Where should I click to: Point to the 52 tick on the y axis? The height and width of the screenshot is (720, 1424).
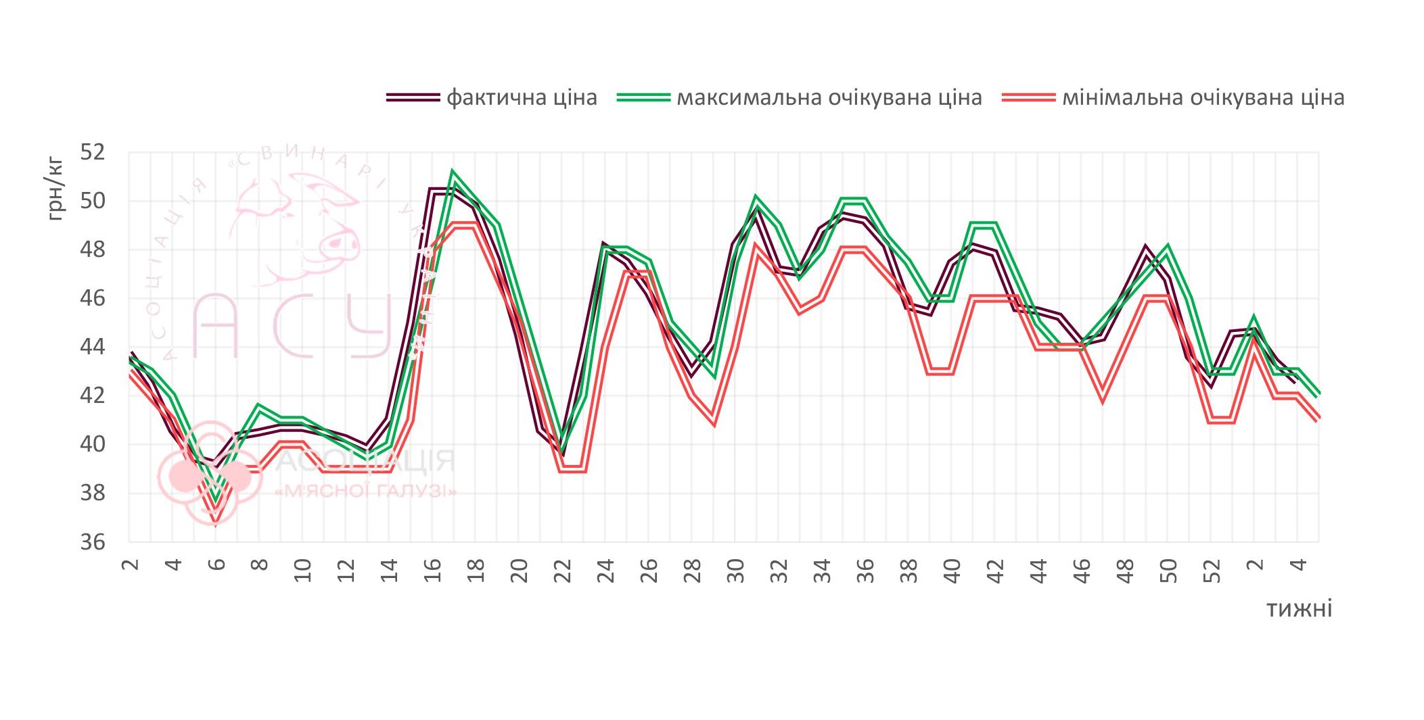tap(93, 152)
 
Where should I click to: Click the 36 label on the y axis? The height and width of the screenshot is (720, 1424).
tap(93, 542)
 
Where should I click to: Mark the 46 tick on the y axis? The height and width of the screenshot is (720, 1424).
tap(93, 298)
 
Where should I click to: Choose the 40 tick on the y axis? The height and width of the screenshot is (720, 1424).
tap(93, 444)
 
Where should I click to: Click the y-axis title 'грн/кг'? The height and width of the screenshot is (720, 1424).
tap(55, 189)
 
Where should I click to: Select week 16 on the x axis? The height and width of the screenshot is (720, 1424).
tap(432, 570)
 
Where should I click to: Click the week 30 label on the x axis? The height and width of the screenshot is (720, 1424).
tap(735, 570)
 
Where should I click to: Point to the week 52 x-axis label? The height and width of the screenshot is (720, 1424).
tap(1212, 570)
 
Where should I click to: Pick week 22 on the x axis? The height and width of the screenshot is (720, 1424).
tap(562, 570)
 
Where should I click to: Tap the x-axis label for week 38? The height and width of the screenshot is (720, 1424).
tap(909, 570)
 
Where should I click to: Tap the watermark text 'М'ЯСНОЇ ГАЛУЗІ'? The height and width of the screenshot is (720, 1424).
tap(366, 491)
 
